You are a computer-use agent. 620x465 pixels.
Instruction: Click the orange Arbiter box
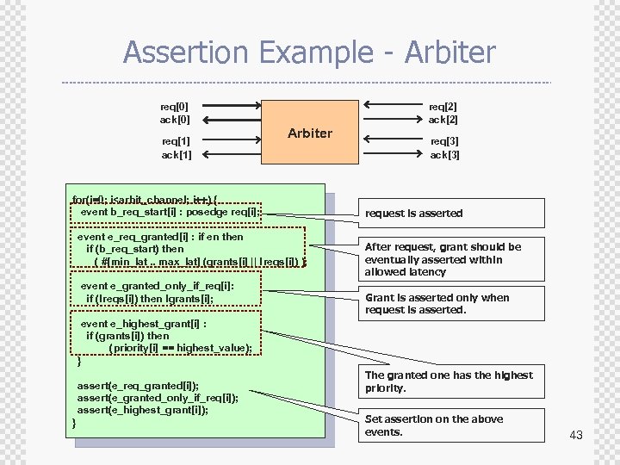(310, 133)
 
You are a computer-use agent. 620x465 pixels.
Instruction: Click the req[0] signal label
(175, 106)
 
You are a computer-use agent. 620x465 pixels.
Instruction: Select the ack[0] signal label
(175, 120)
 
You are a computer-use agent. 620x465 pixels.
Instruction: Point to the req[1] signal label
(177, 141)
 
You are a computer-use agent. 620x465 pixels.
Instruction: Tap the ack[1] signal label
(177, 155)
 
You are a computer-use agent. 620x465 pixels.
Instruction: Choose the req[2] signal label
(443, 106)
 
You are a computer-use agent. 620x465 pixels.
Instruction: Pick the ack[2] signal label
(443, 120)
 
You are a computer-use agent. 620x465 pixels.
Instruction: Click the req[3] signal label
(445, 141)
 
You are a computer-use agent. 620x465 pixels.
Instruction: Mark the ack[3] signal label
(445, 155)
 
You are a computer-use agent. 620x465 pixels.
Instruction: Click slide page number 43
(576, 435)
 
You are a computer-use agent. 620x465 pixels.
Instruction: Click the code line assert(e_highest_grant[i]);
(142, 410)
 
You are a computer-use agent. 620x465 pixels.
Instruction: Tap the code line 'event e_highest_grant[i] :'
(143, 324)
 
